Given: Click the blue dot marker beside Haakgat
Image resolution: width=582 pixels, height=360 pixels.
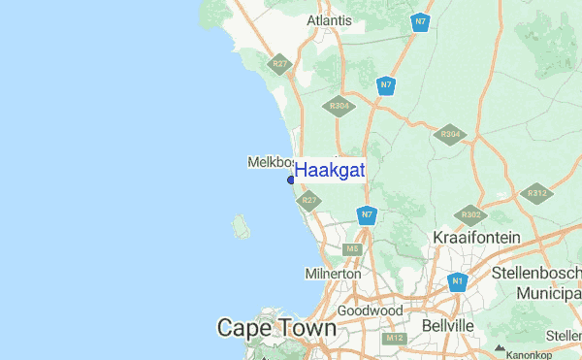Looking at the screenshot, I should tap(291, 179).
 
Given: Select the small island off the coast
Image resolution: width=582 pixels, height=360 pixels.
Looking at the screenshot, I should tap(241, 227).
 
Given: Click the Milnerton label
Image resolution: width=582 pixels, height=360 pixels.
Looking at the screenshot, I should tap(333, 274).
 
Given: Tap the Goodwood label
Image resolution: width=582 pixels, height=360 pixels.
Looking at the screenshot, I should tap(370, 311).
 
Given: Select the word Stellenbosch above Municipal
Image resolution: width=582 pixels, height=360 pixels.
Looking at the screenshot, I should tap(535, 272).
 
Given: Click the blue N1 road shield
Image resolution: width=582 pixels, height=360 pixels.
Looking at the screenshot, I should tap(457, 282).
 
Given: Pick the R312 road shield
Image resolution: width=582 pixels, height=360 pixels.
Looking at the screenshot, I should tap(537, 194).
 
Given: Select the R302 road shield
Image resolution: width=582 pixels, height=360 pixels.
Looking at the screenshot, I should tap(471, 213).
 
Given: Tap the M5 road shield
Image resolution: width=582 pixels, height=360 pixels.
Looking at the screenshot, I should tap(353, 249).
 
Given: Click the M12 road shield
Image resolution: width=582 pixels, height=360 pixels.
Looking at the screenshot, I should tap(394, 338).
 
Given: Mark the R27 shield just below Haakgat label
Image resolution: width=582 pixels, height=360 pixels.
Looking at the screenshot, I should tap(308, 201).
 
